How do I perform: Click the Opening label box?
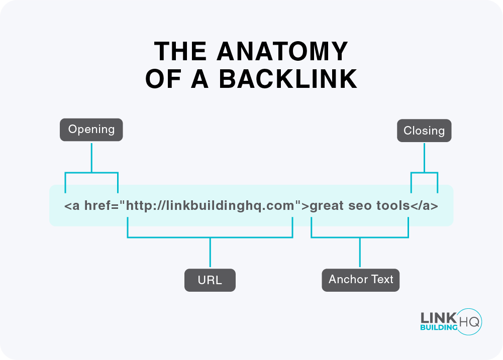coord(91,130)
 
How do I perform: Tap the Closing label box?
coord(424,131)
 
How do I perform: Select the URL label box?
coord(210,280)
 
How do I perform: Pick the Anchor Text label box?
coord(361,280)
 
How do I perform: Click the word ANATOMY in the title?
coord(282,51)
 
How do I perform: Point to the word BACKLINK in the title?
coord(288,79)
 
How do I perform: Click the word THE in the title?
coord(180,51)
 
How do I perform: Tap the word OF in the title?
coord(163,79)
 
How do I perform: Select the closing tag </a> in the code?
coord(424,206)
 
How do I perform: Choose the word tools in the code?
coord(393,206)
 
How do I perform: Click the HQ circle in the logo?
coord(469,322)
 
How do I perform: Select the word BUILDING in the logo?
coord(439,327)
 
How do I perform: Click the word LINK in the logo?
coord(438,318)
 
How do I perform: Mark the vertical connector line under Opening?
coord(92,158)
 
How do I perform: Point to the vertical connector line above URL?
coord(210,252)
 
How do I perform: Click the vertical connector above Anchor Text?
coord(360,252)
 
